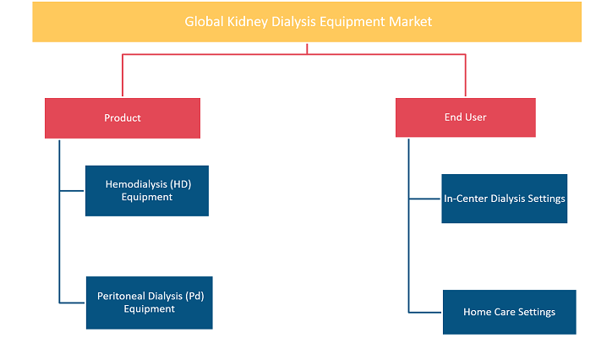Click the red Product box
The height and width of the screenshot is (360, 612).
click(x=123, y=118)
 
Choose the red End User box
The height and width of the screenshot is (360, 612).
click(x=466, y=117)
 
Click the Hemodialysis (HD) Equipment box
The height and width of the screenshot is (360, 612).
click(x=147, y=191)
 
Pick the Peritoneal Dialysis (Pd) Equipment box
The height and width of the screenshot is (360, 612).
click(x=150, y=303)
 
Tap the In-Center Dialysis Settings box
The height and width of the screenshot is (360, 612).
click(x=505, y=199)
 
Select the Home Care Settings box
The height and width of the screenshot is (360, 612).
click(x=510, y=312)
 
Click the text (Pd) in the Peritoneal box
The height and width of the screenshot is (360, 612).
click(x=194, y=297)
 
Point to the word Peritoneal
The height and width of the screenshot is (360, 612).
click(x=120, y=296)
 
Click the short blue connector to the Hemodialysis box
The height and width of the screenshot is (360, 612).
click(x=72, y=191)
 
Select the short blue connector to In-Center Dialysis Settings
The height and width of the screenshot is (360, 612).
click(x=424, y=199)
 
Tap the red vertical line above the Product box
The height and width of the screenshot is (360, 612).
click(x=123, y=75)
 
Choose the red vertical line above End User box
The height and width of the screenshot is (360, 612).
click(x=465, y=75)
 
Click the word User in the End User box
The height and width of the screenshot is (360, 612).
click(x=475, y=117)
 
